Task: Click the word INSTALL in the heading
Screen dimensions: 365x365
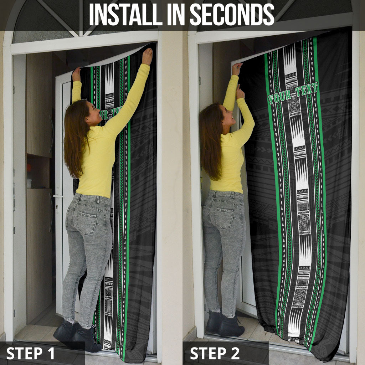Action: click(x=125, y=14)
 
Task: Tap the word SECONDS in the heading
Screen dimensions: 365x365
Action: click(x=232, y=14)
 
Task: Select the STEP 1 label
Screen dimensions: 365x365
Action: click(x=30, y=353)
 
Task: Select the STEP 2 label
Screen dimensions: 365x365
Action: click(x=215, y=353)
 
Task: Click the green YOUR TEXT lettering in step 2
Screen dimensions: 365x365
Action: click(x=293, y=93)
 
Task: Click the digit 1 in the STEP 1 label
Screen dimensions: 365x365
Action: click(x=51, y=353)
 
